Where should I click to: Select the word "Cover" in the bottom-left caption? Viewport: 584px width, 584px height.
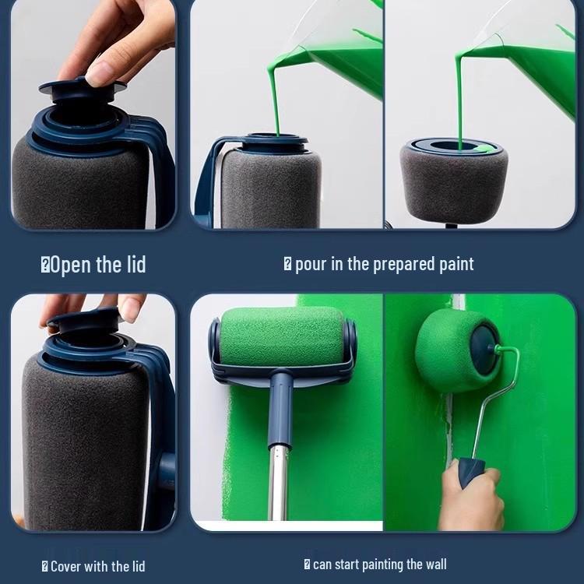click(x=65, y=567)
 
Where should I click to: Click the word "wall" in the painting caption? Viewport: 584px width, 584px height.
click(x=436, y=564)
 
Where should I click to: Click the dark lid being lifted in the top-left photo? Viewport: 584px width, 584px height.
click(x=82, y=91)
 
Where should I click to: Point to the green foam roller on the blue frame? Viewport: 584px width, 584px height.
click(x=282, y=336)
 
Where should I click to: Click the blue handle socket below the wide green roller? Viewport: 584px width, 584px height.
click(x=280, y=410)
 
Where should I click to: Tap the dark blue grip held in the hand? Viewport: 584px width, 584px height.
click(x=470, y=472)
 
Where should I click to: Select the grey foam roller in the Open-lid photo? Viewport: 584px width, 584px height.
click(x=80, y=186)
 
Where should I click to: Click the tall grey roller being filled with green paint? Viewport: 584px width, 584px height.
click(x=270, y=188)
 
